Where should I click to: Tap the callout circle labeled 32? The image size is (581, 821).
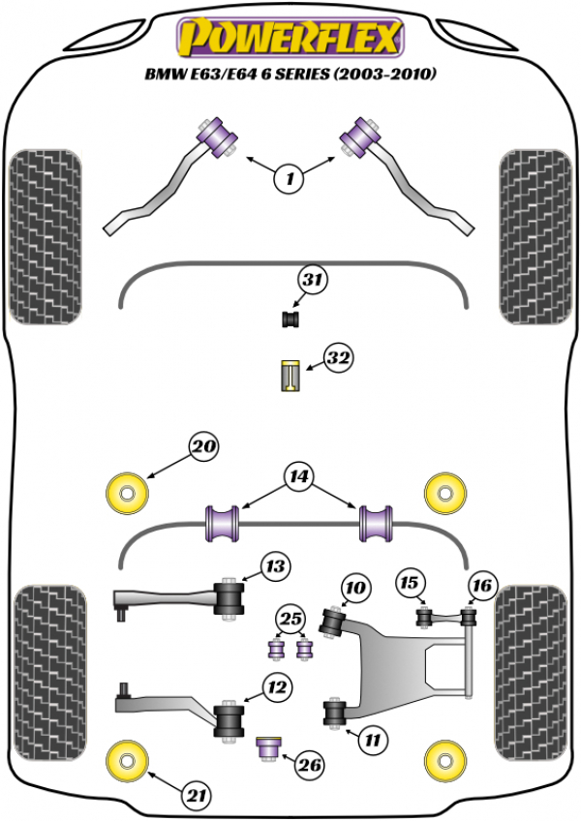[338, 359]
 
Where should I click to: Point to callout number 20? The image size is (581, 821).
[203, 447]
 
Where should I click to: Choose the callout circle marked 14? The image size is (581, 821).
[298, 475]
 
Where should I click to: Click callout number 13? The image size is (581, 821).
[275, 565]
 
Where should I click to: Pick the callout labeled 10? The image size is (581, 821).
[355, 587]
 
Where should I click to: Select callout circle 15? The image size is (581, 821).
[411, 583]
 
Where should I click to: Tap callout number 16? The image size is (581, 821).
[481, 584]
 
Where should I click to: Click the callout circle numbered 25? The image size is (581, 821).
[289, 619]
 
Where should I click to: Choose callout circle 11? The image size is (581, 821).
[371, 741]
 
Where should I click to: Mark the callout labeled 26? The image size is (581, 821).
[309, 767]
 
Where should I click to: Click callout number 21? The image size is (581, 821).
[197, 796]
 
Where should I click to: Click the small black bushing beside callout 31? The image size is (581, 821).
[289, 319]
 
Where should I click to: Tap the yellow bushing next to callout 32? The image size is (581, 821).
[288, 375]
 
